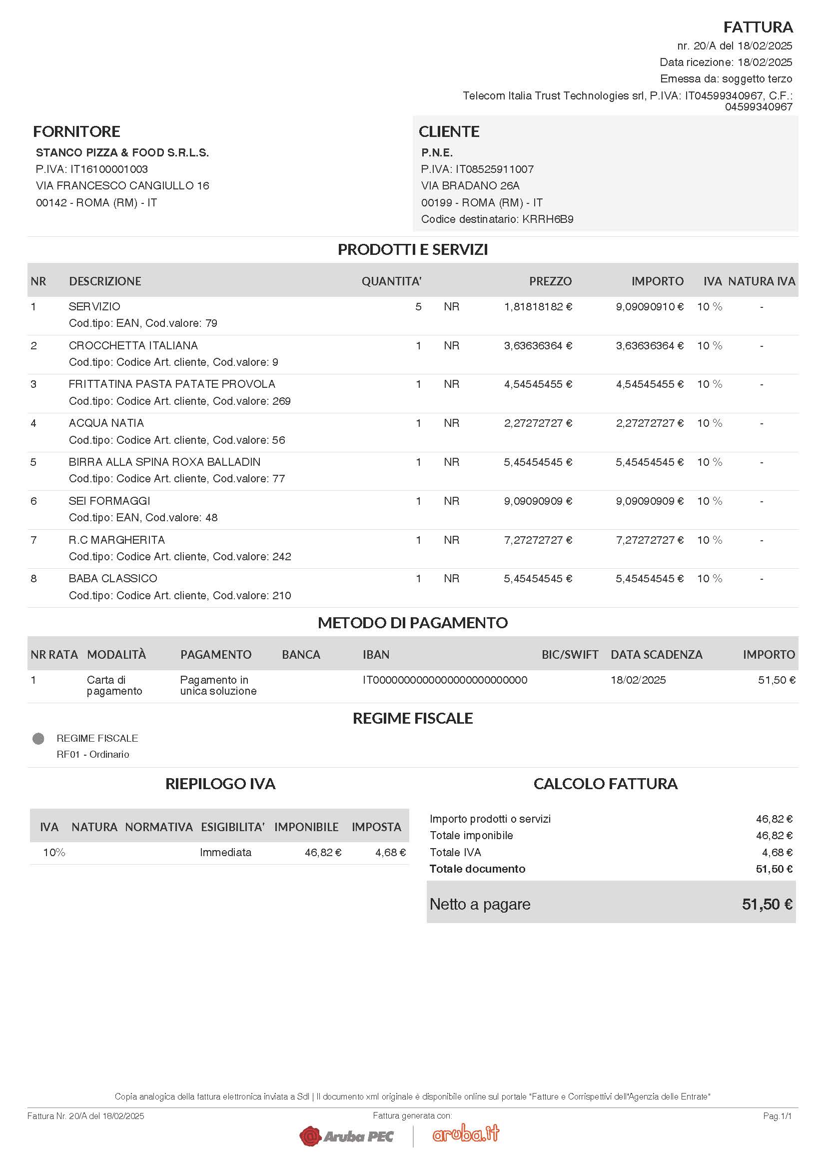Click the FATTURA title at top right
click(x=758, y=27)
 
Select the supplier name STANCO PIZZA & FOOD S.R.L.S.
click(x=122, y=153)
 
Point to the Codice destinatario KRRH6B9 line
click(x=497, y=219)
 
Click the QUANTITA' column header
click(x=391, y=281)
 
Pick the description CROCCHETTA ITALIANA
click(x=133, y=346)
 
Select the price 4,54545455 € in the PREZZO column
click(x=538, y=384)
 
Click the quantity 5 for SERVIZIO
click(x=418, y=306)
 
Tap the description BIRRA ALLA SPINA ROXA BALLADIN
click(x=164, y=462)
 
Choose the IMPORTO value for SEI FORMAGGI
click(x=650, y=501)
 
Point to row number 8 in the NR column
click(x=33, y=578)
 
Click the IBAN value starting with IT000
click(x=445, y=680)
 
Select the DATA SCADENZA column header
click(x=656, y=654)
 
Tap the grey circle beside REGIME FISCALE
click(x=38, y=738)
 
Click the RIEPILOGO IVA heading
click(x=220, y=784)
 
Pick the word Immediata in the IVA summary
click(x=225, y=852)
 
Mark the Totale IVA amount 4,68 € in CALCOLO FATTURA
click(x=777, y=852)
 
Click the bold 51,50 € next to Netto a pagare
click(x=767, y=904)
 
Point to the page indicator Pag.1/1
click(x=777, y=1116)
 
